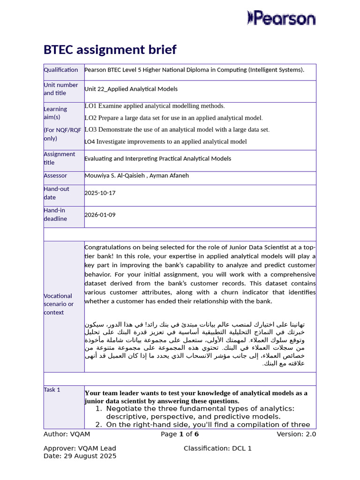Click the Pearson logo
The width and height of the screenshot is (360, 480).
(281, 18)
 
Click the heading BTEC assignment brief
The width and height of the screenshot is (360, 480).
(110, 50)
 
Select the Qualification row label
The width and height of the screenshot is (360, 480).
(61, 70)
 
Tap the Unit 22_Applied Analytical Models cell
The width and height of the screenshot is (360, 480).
(131, 89)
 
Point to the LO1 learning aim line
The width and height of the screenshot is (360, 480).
(155, 106)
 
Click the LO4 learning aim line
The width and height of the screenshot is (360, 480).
(165, 142)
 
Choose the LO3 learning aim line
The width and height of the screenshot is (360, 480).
(177, 129)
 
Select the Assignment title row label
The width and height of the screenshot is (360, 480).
(59, 158)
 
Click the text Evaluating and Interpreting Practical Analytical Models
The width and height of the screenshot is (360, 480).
(157, 159)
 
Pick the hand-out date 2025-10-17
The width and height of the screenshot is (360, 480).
(100, 193)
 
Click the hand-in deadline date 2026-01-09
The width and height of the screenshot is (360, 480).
(100, 215)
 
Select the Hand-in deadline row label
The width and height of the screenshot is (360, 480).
(55, 215)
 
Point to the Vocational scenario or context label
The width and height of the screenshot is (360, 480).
(59, 304)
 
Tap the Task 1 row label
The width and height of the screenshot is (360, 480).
(52, 390)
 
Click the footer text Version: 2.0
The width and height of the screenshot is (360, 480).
(296, 434)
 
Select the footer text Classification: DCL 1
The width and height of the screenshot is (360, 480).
(217, 449)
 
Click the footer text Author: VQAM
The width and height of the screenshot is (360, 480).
(63, 434)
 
